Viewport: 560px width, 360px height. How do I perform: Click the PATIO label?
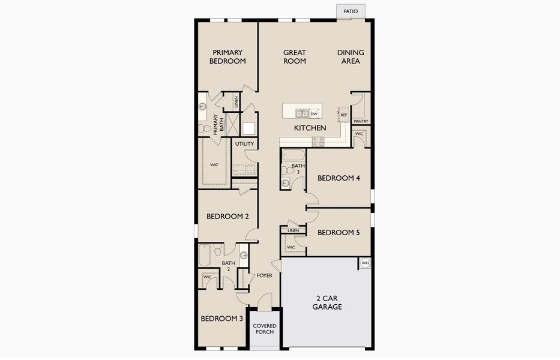(351, 11)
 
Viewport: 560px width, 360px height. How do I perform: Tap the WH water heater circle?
(365, 263)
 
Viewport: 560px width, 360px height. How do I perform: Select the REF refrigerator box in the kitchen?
(343, 115)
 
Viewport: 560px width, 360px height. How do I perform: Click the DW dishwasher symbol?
(314, 114)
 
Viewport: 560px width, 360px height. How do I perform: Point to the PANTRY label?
(361, 121)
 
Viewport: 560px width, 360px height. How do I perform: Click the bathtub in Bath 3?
(294, 155)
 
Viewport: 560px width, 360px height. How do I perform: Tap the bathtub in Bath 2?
(204, 255)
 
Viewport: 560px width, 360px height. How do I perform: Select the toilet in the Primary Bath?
(205, 128)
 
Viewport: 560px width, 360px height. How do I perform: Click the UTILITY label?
(245, 144)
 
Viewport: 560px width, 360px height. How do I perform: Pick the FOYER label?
(264, 276)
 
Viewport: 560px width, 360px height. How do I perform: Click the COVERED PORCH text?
(265, 329)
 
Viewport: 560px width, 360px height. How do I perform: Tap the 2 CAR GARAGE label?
(327, 302)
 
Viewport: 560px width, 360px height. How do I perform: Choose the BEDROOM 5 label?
(339, 233)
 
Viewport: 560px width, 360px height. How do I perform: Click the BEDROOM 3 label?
(222, 319)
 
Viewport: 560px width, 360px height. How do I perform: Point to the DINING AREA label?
(351, 57)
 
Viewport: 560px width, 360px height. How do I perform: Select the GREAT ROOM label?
(295, 57)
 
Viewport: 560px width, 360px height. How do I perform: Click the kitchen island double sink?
(302, 113)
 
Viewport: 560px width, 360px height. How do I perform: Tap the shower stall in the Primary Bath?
(232, 124)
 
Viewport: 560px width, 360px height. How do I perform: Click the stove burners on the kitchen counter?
(318, 142)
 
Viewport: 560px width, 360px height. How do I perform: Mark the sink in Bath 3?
(285, 183)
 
